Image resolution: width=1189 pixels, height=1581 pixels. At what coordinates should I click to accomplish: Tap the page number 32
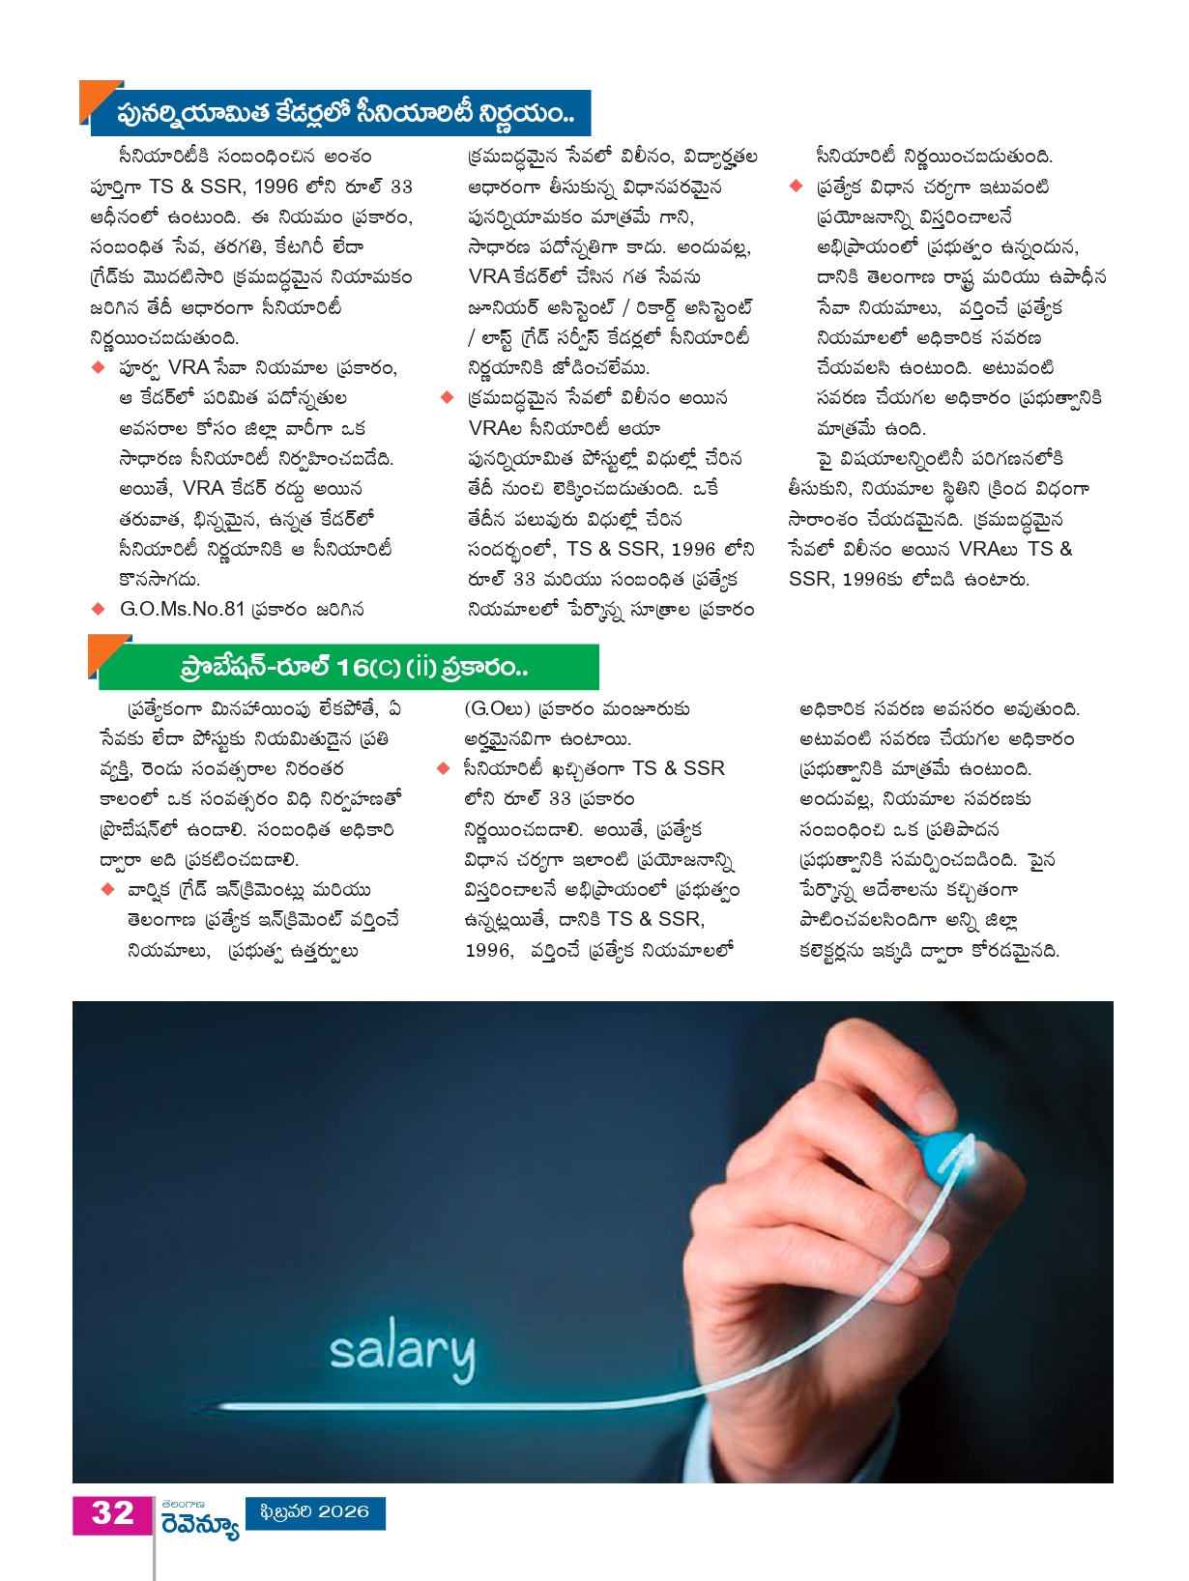[x=112, y=1513]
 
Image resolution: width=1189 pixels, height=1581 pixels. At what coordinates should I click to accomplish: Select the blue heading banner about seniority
[x=343, y=113]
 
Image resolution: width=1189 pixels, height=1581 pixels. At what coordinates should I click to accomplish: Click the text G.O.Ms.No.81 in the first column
[x=182, y=609]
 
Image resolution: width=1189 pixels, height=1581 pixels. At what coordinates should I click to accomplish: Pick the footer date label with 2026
[x=316, y=1512]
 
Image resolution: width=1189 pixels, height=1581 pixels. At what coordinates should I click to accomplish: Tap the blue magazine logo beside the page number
[x=200, y=1520]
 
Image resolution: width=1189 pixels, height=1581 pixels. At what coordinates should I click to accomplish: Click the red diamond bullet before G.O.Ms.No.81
[x=98, y=609]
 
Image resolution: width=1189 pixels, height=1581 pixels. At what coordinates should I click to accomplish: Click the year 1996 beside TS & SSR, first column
[x=275, y=187]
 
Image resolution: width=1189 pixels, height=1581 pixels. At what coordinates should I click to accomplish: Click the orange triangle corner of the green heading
[x=103, y=649]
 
